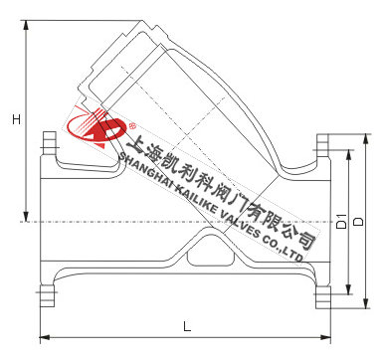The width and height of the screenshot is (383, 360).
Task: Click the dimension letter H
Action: pyautogui.click(x=16, y=119)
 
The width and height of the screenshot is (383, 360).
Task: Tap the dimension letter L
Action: pyautogui.click(x=187, y=326)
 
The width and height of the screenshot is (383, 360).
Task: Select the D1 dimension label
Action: pyautogui.click(x=341, y=221)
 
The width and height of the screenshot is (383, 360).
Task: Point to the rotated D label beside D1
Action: pyautogui.click(x=358, y=222)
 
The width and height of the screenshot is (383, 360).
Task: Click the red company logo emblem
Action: pyautogui.click(x=97, y=127)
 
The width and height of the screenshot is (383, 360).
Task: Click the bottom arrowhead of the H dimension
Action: pyautogui.click(x=26, y=216)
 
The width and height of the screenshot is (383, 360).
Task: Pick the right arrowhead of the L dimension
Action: pyautogui.click(x=325, y=337)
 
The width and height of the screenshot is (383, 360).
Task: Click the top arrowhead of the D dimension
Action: pyautogui.click(x=365, y=139)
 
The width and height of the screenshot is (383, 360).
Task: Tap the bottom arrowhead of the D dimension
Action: pyautogui.click(x=365, y=303)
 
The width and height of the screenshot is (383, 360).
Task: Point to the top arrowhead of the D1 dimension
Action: pyautogui.click(x=348, y=155)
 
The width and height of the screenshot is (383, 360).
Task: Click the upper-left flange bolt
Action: pyautogui.click(x=49, y=143)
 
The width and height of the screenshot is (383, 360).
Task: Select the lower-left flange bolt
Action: pyautogui.click(x=47, y=295)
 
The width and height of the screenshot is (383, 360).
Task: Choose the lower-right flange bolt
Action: pyautogui.click(x=323, y=297)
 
